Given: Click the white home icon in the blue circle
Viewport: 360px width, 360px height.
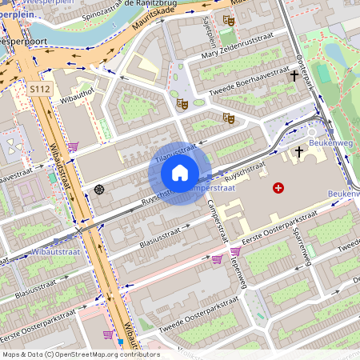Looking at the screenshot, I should pyautogui.click(x=180, y=173).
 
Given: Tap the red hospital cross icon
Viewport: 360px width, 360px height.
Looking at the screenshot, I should pyautogui.click(x=278, y=187).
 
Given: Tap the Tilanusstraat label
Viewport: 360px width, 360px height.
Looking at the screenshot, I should pyautogui.click(x=174, y=154).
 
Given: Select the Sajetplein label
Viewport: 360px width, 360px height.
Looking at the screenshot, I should pyautogui.click(x=211, y=33).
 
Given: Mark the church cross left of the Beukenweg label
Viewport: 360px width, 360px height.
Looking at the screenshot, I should pyautogui.click(x=299, y=150).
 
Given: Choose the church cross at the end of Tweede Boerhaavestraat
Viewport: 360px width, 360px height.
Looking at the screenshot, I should pyautogui.click(x=294, y=77).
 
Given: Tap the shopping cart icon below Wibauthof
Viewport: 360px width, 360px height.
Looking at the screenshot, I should pyautogui.click(x=73, y=146).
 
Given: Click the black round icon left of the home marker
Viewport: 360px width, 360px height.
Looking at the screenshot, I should pyautogui.click(x=99, y=189).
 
